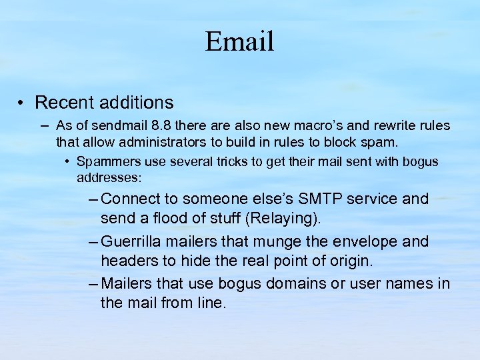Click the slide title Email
[239, 41]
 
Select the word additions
[133, 103]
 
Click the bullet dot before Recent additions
[22, 103]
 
